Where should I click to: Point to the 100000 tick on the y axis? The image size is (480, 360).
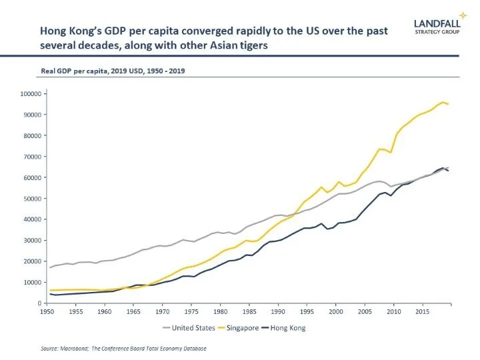point(31,93)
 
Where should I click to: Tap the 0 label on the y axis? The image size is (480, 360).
point(39,303)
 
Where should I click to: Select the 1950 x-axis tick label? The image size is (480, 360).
point(47,311)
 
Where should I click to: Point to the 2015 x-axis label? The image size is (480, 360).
point(422,311)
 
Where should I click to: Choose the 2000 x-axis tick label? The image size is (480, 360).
point(336,311)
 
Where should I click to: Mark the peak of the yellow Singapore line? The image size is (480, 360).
point(443,102)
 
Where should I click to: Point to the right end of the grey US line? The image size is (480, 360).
point(448,167)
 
